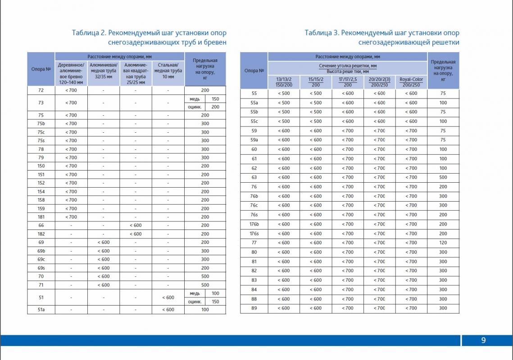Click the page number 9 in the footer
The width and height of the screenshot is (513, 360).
[x=483, y=341]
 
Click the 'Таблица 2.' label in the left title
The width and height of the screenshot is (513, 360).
[x=89, y=33]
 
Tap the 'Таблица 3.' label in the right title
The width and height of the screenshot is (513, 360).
[x=321, y=33]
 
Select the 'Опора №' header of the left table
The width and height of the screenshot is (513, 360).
[x=41, y=69]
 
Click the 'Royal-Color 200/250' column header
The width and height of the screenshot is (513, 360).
[x=411, y=82]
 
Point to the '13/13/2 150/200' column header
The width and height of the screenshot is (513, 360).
[x=284, y=82]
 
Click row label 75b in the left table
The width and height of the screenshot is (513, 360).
[x=41, y=124]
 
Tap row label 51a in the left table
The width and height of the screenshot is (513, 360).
[x=41, y=310]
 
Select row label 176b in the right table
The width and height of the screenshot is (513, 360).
[x=254, y=224]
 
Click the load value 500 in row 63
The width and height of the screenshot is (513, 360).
[x=443, y=177]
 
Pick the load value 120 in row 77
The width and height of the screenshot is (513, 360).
[x=443, y=243]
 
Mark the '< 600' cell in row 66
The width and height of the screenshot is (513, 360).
[x=136, y=225]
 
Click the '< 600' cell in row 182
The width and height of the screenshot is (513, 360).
[x=136, y=234]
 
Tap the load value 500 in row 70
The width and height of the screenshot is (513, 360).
[x=205, y=276]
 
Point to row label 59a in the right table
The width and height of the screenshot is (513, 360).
[x=254, y=140]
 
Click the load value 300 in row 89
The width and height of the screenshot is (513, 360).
[x=443, y=308]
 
